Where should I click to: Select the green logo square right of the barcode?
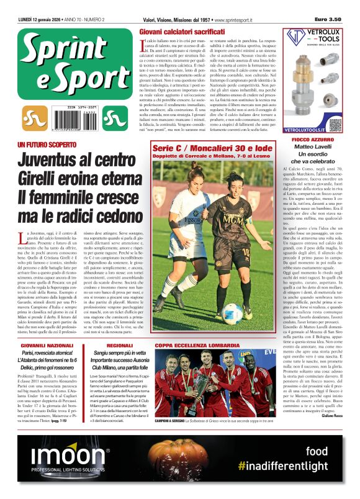tap(112, 117)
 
